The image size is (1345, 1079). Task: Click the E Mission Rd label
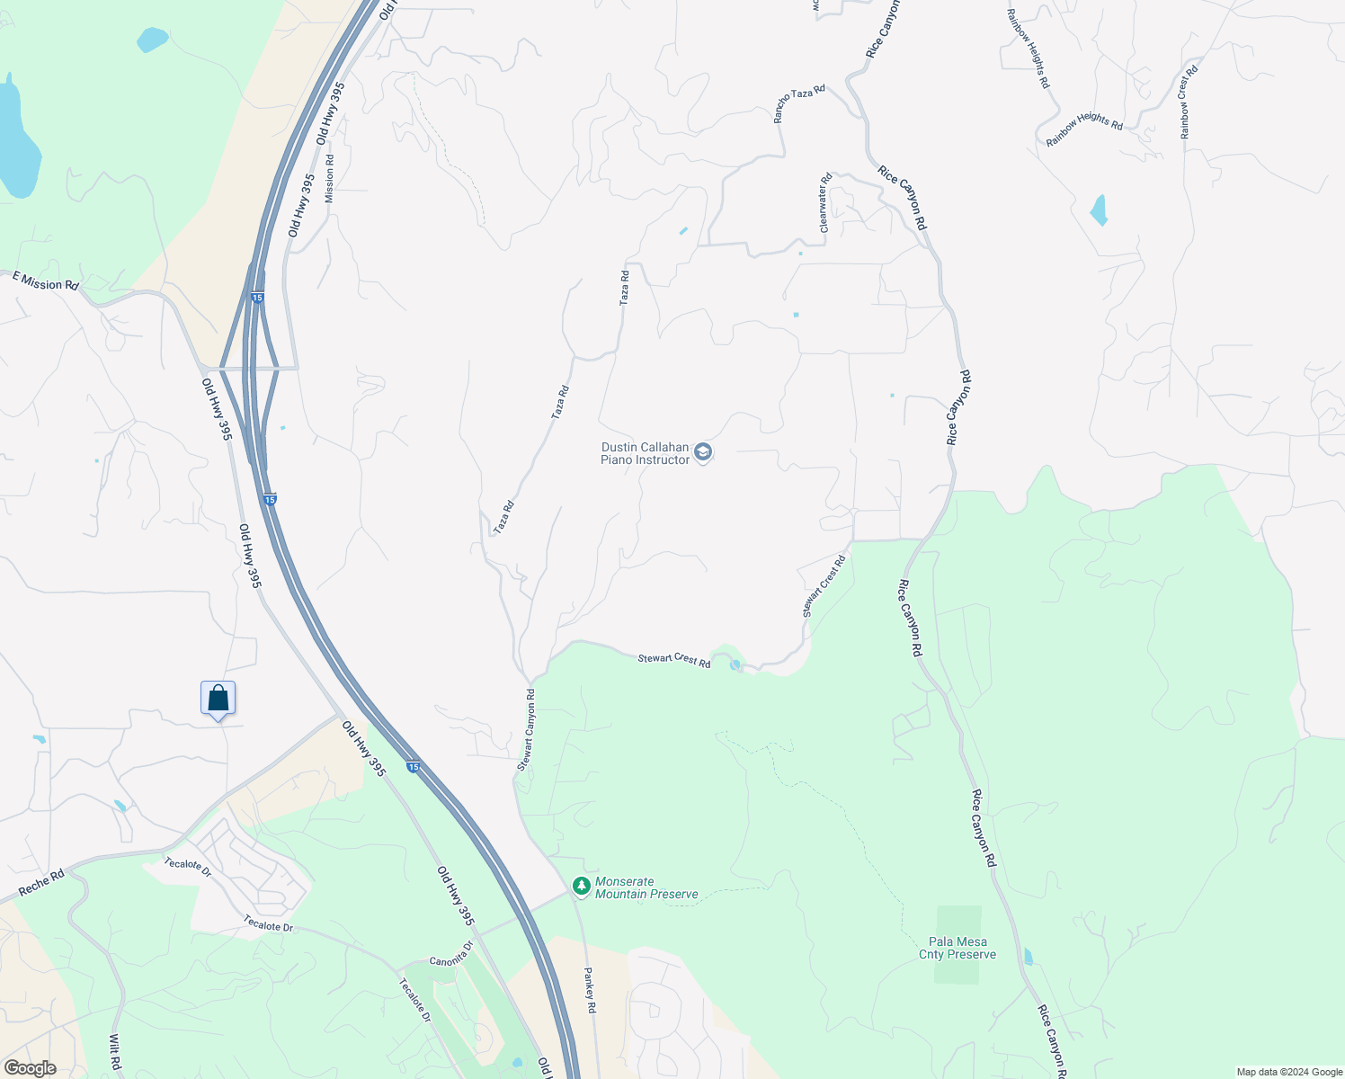click(x=45, y=282)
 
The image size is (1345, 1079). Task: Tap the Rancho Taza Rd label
click(x=799, y=104)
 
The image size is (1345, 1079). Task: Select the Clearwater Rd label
click(x=825, y=203)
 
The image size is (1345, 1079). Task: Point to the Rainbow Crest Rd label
click(x=1189, y=102)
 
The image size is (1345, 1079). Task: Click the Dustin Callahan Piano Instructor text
click(x=645, y=453)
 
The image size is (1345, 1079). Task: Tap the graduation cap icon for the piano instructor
click(x=704, y=452)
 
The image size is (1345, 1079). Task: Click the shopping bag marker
click(x=218, y=698)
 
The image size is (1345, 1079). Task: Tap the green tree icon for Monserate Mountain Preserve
click(x=582, y=887)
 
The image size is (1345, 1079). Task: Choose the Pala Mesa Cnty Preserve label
click(x=958, y=948)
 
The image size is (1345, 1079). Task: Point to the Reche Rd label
click(x=41, y=882)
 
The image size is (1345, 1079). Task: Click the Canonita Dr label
click(x=450, y=954)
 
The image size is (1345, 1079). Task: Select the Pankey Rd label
click(x=590, y=990)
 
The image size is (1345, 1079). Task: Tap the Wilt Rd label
click(x=114, y=1052)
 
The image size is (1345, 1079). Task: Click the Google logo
click(x=30, y=1068)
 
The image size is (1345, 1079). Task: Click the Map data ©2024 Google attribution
click(x=1289, y=1072)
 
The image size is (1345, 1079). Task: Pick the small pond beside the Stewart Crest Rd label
click(x=736, y=664)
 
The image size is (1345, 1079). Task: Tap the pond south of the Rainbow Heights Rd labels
click(x=1099, y=210)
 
